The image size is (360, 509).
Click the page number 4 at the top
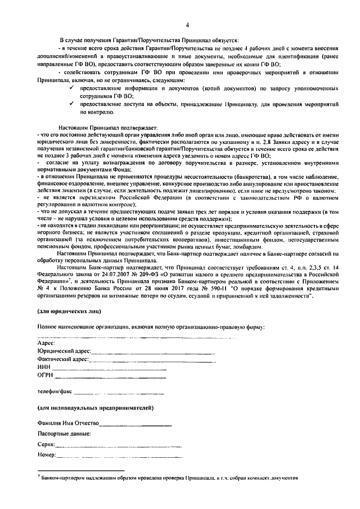(x=187, y=25)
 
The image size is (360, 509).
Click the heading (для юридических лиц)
(x=64, y=311)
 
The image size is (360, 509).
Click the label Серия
(x=46, y=444)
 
